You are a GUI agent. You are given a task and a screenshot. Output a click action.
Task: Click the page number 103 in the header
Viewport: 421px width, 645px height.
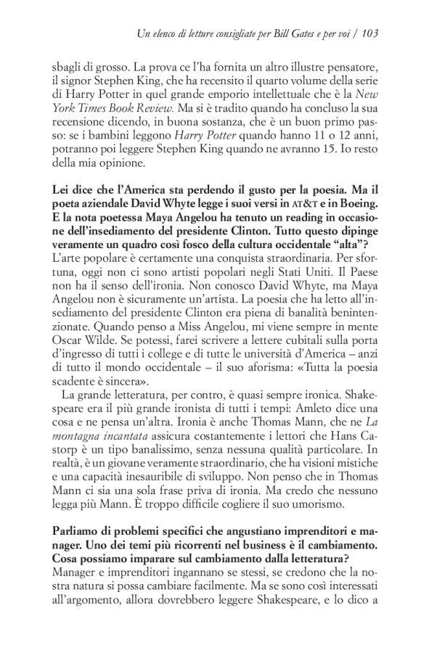click(x=372, y=33)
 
